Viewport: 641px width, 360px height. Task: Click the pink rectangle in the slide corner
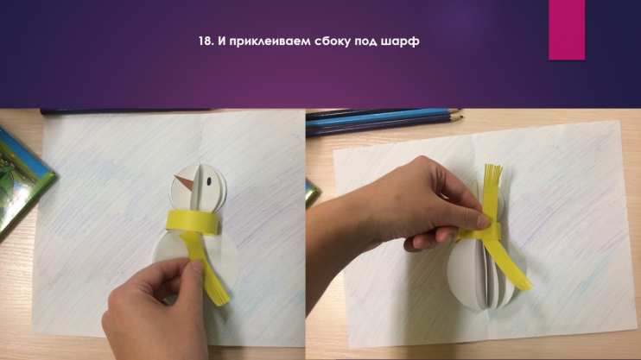click(x=567, y=30)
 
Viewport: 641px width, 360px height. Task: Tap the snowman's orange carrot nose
click(x=183, y=182)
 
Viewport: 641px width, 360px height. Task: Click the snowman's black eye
click(x=209, y=180)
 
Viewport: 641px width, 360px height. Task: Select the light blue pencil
click(x=384, y=116)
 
